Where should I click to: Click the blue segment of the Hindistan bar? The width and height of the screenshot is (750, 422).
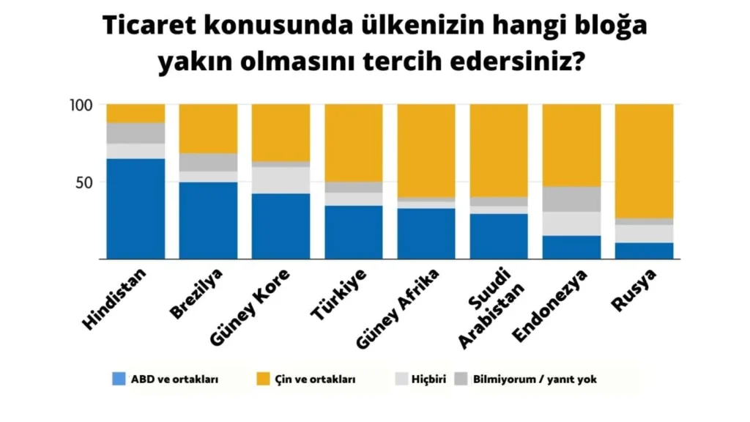[135, 209]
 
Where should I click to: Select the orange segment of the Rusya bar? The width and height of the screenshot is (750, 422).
[644, 160]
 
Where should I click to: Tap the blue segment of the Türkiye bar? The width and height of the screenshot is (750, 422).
[353, 232]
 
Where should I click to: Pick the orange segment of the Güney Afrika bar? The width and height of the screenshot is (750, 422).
[426, 150]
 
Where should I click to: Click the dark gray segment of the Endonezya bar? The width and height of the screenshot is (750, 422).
[571, 199]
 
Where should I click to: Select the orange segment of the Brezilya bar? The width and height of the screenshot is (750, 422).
[208, 128]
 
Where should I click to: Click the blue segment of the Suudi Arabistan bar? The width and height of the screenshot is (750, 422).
[498, 236]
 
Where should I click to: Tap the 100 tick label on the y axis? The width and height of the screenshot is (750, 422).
[81, 105]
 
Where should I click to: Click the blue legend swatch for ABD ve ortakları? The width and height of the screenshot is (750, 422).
[119, 380]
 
